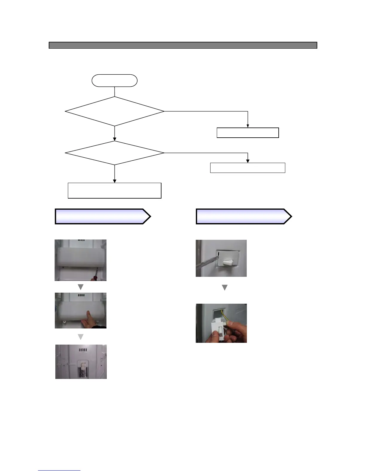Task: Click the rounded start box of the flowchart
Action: (x=114, y=81)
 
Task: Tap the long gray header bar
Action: (x=183, y=45)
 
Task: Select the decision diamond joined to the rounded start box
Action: (x=114, y=111)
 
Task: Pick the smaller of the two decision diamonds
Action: (x=114, y=153)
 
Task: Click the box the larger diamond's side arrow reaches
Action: (x=248, y=133)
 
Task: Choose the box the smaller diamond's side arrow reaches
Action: (x=248, y=168)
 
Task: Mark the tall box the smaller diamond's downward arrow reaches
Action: (x=115, y=191)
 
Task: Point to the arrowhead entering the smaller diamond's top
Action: (x=115, y=139)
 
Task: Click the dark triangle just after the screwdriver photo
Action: (x=80, y=287)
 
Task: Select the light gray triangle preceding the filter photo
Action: (x=80, y=337)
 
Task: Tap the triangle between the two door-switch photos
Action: (x=225, y=288)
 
